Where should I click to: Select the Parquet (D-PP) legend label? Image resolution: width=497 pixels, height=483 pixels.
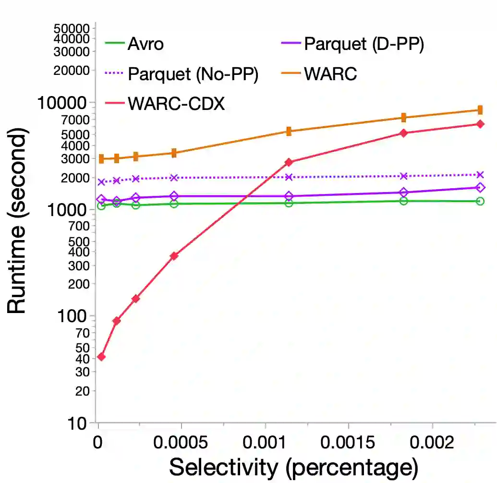pyautogui.click(x=364, y=44)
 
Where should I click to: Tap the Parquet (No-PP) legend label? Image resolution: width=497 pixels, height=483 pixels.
pyautogui.click(x=193, y=74)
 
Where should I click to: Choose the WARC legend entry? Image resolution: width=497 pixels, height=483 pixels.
pyautogui.click(x=330, y=74)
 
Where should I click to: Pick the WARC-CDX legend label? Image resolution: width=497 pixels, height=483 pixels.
pyautogui.click(x=176, y=103)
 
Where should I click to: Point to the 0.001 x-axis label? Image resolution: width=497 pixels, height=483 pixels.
pyautogui.click(x=265, y=442)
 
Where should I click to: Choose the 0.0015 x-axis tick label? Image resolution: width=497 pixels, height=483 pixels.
pyautogui.click(x=348, y=442)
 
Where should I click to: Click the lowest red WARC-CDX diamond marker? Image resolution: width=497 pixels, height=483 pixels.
pyautogui.click(x=101, y=357)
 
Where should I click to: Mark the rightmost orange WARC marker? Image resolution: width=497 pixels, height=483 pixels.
pyautogui.click(x=479, y=110)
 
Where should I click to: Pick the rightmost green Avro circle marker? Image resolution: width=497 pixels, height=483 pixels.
pyautogui.click(x=479, y=201)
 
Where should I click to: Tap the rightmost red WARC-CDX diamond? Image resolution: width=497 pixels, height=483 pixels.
pyautogui.click(x=479, y=124)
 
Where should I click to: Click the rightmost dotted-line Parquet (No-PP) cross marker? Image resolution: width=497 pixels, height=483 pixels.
pyautogui.click(x=479, y=175)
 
